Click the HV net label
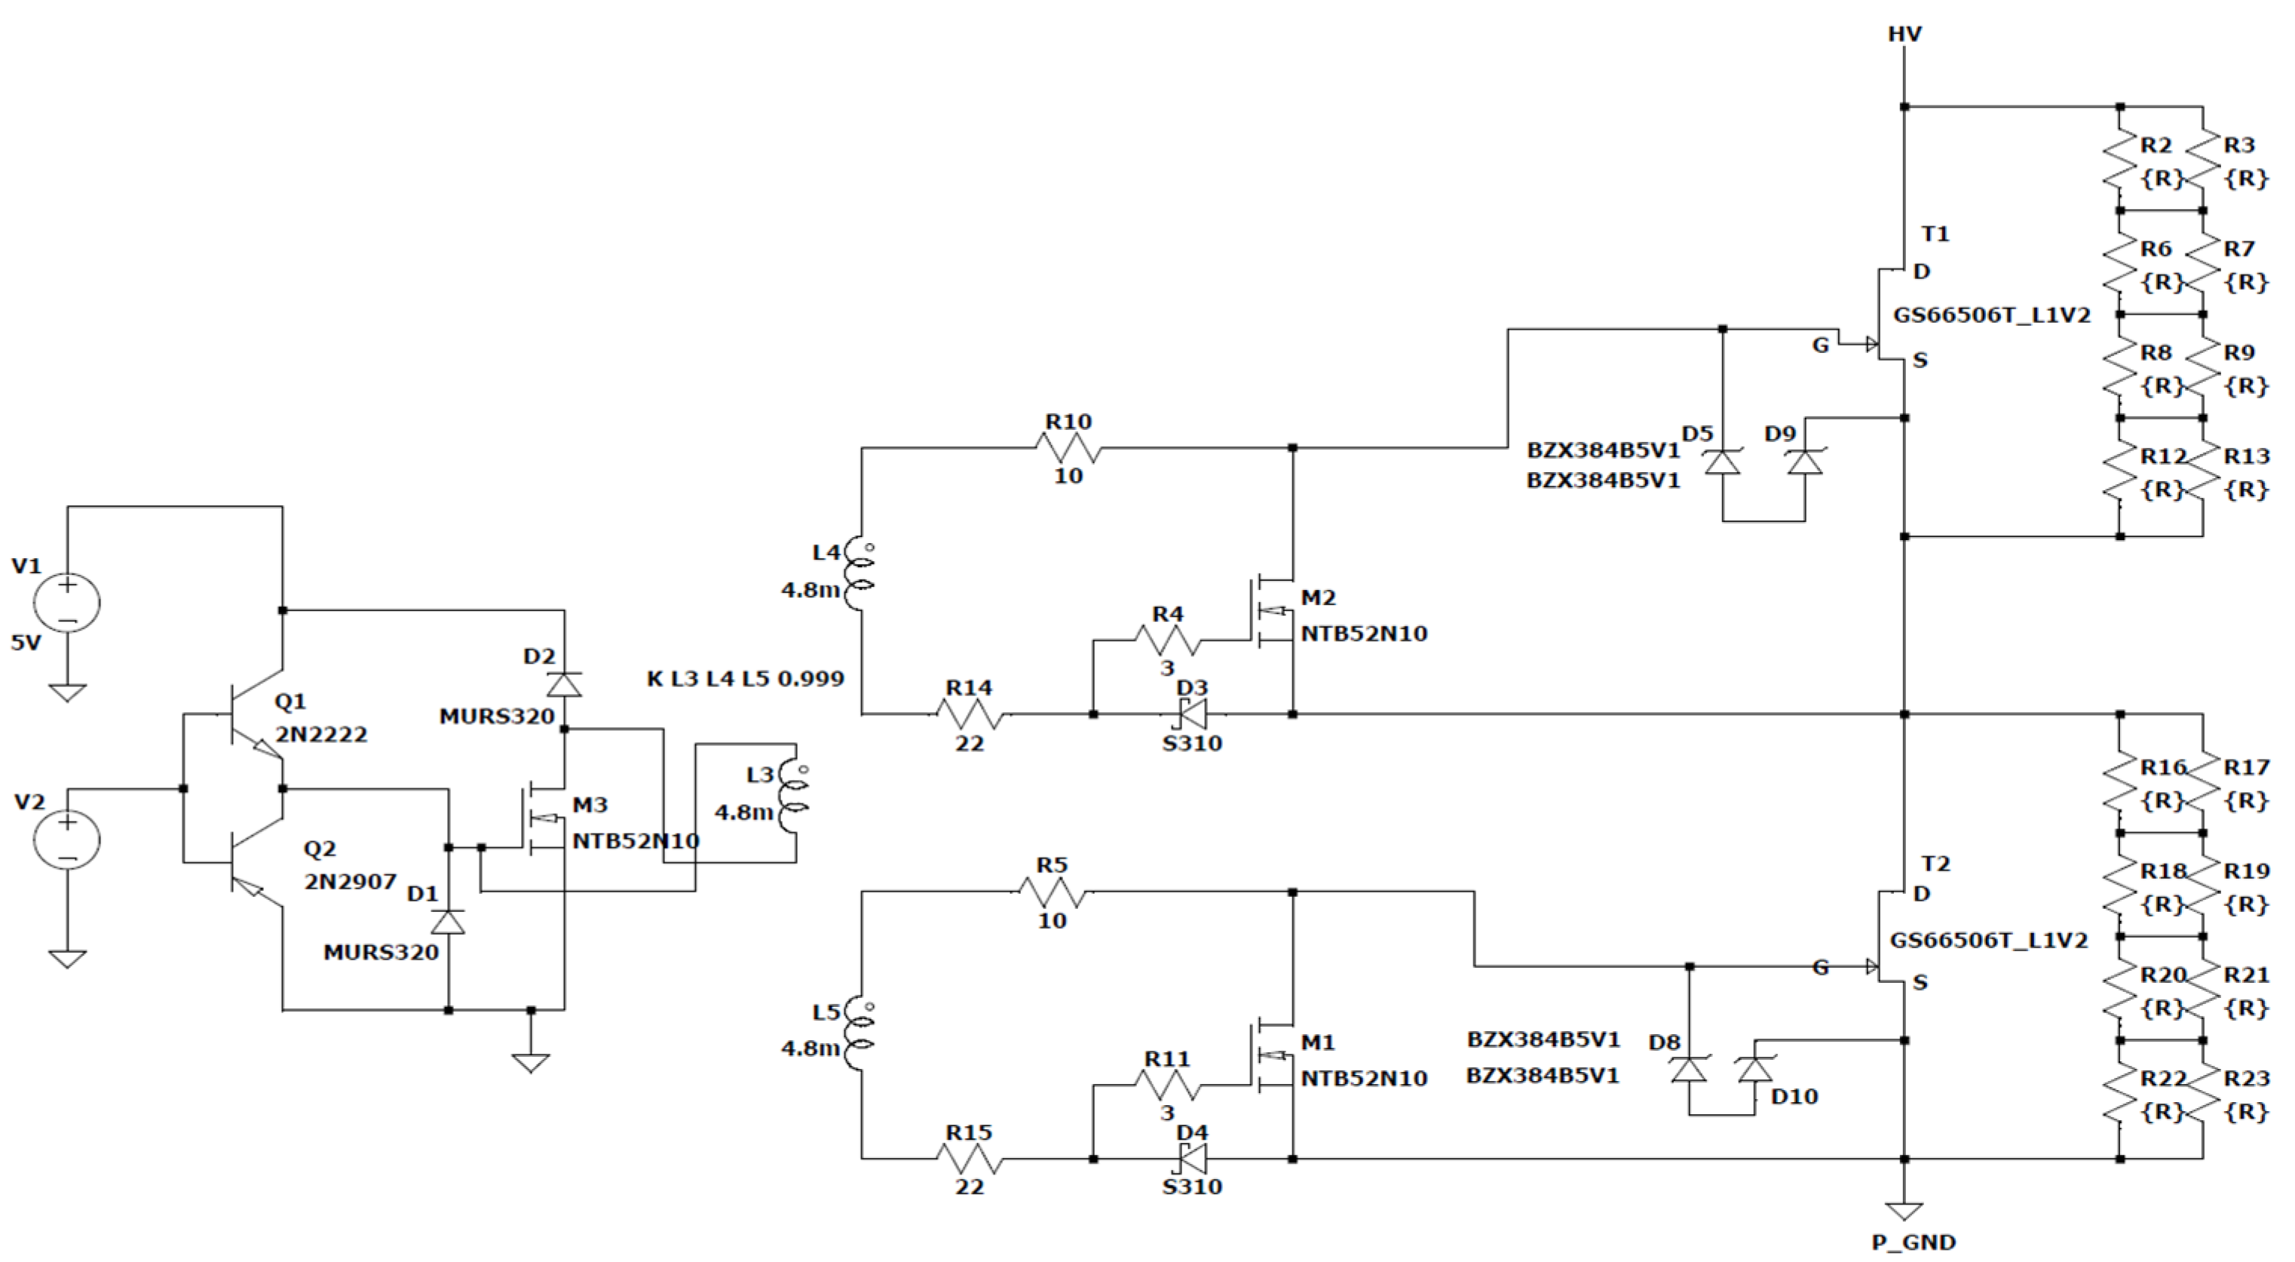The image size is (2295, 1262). coord(1904,34)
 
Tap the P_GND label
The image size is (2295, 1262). coord(1913,1242)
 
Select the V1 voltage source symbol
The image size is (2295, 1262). coord(67,603)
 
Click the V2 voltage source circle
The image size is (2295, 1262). coord(67,840)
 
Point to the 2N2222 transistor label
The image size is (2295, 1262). coord(320,735)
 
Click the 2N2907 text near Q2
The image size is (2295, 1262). coord(350,882)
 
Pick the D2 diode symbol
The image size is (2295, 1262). coord(564,684)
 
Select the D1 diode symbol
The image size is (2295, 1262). coord(447,922)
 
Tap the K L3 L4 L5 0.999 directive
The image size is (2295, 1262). coord(745,679)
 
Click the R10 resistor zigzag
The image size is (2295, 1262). coord(1068,447)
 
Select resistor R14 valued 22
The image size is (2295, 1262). coord(970,714)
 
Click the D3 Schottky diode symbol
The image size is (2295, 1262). coord(1192,714)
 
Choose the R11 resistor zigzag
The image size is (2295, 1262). coord(1167,1085)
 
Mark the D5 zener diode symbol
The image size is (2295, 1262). coord(1722,463)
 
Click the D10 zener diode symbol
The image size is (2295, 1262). coord(1755,1069)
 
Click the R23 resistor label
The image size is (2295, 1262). coord(2246,1079)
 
